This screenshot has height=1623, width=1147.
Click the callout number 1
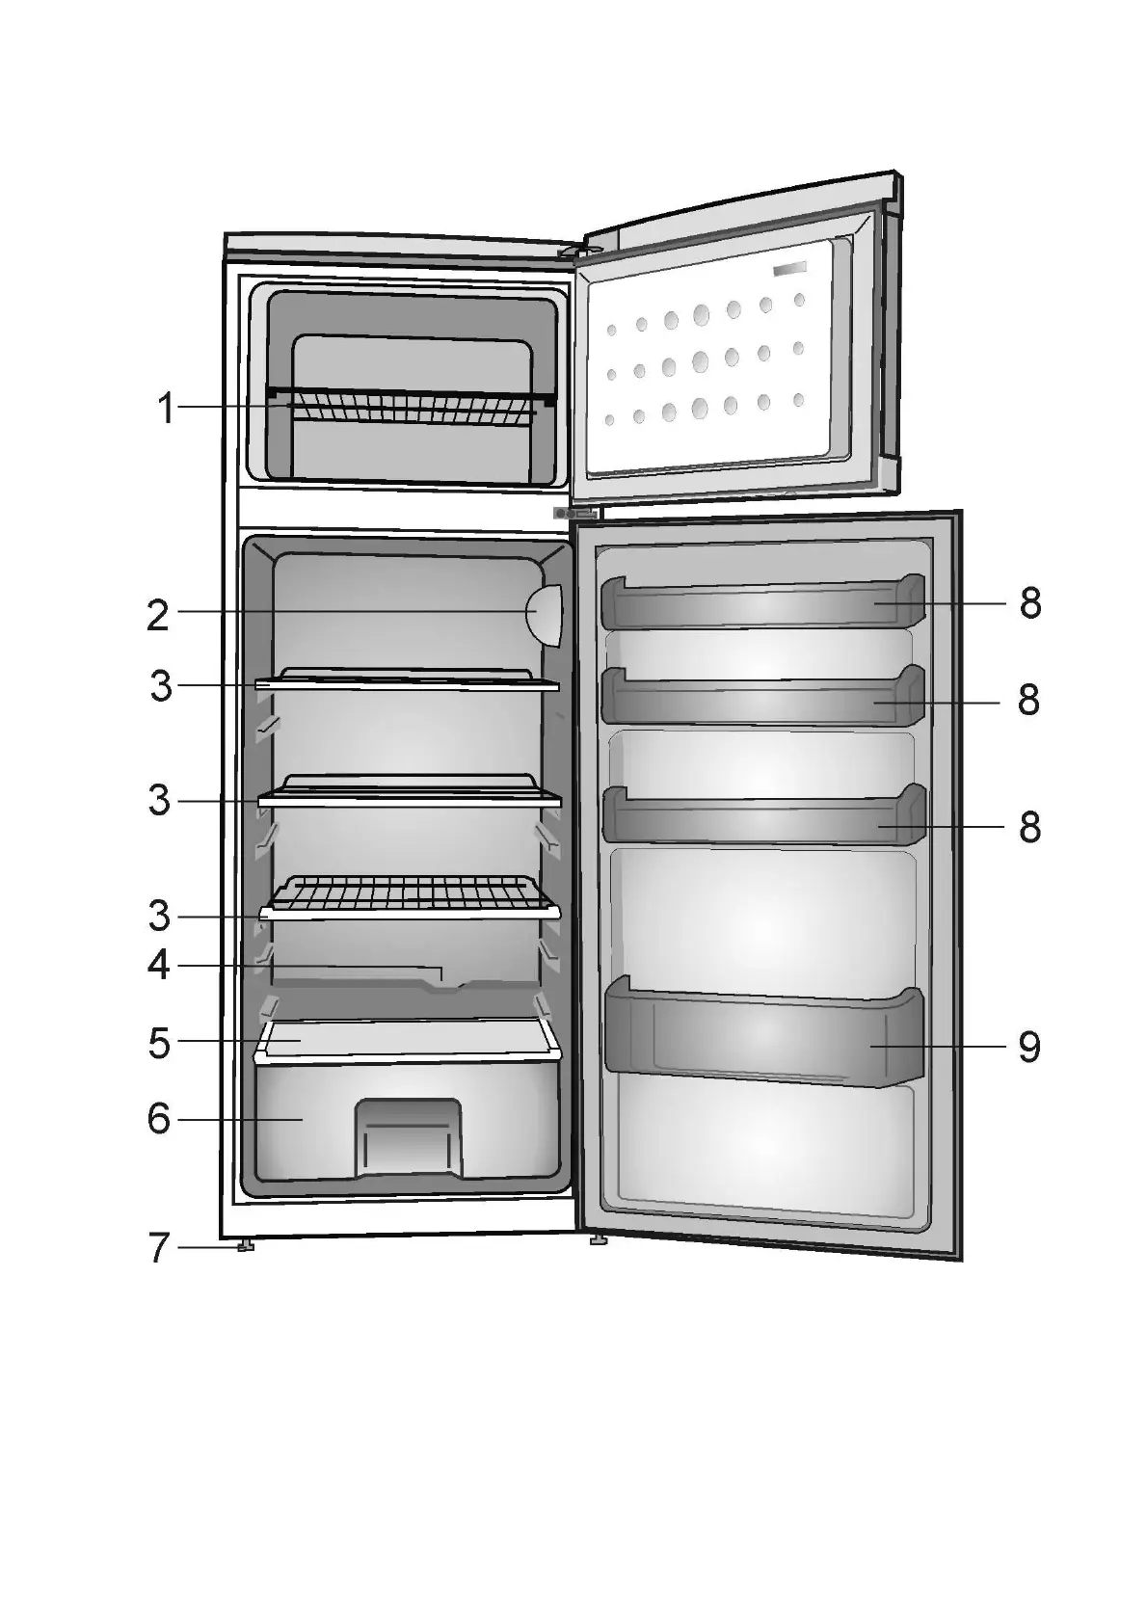(x=166, y=409)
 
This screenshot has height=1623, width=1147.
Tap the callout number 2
(x=158, y=616)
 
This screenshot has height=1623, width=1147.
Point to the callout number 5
(x=159, y=1043)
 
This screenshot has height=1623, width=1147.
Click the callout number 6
(x=159, y=1119)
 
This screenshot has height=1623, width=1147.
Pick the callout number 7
(x=159, y=1248)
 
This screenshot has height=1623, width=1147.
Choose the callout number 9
(x=1029, y=1047)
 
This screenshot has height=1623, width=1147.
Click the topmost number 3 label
(x=161, y=686)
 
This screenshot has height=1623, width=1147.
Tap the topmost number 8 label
(x=1030, y=604)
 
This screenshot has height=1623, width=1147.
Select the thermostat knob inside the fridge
(x=545, y=615)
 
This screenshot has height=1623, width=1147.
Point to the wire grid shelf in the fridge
(x=409, y=896)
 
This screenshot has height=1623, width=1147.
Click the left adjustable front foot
(x=246, y=1247)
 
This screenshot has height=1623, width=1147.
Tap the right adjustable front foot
(x=598, y=1240)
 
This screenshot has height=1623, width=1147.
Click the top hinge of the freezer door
(x=578, y=253)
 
